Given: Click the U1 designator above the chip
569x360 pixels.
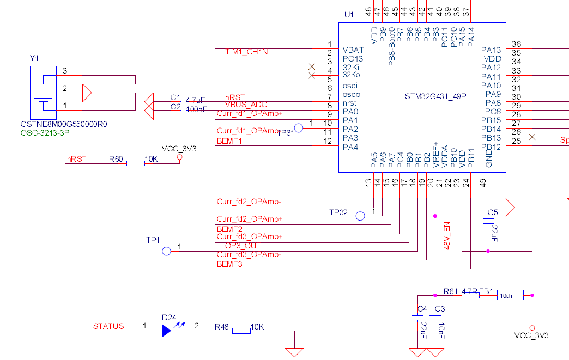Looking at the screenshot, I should pos(349,14).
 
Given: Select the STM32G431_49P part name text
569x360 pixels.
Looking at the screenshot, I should pos(435,96).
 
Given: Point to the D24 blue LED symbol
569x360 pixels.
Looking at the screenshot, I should pos(167,330).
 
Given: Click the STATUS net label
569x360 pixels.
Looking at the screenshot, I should pos(108,326).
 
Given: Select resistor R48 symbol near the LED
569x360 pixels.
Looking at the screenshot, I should pos(241,330).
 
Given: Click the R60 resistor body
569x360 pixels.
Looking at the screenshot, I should pos(135,163).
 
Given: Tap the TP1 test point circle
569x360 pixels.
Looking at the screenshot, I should pos(167,251).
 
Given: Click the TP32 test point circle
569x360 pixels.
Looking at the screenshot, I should pos(360,216).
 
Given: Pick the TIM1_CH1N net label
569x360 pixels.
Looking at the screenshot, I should pos(246,52).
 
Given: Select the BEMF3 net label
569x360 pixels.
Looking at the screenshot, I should pos(229,265).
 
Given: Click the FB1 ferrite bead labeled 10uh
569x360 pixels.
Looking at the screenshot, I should pos(510,295).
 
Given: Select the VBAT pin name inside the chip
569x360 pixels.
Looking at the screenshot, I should pos(353,50).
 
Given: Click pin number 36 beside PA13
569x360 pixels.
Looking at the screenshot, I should pos(517,45).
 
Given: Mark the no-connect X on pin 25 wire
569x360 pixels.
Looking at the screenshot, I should pos(532,137).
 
